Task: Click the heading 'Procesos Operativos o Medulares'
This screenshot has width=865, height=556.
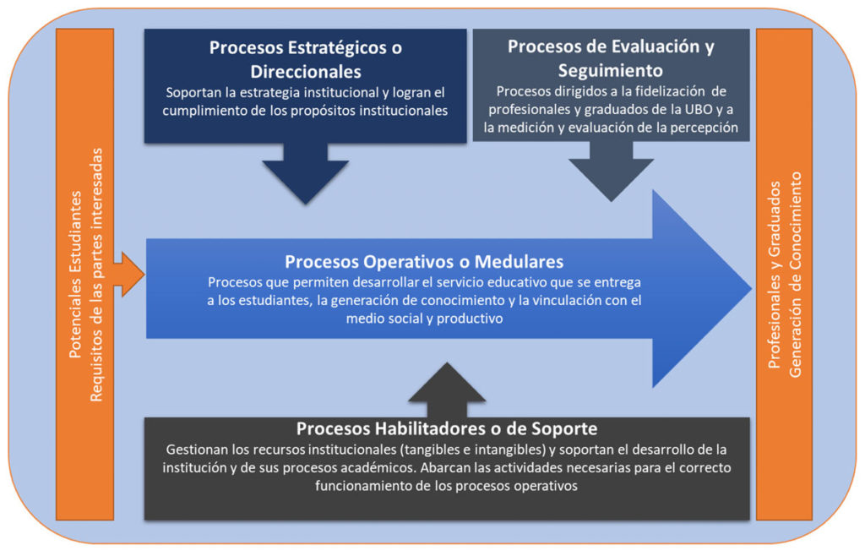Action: (424, 261)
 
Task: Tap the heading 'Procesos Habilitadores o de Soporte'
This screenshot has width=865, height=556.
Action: (447, 428)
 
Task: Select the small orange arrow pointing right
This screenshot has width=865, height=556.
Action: (129, 275)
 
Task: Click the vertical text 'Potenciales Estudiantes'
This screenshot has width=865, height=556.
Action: (75, 275)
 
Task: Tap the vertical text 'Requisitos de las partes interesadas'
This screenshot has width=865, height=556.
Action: (96, 275)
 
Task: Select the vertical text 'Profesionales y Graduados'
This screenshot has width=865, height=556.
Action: (775, 275)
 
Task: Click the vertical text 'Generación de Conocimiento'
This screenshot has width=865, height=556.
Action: (795, 275)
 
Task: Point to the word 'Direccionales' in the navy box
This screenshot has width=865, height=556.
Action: (306, 72)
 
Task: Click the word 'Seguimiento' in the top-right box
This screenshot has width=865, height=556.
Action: (611, 71)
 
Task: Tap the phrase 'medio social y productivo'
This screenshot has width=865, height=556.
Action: (424, 319)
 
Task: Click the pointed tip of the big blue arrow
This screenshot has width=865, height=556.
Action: (751, 288)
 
